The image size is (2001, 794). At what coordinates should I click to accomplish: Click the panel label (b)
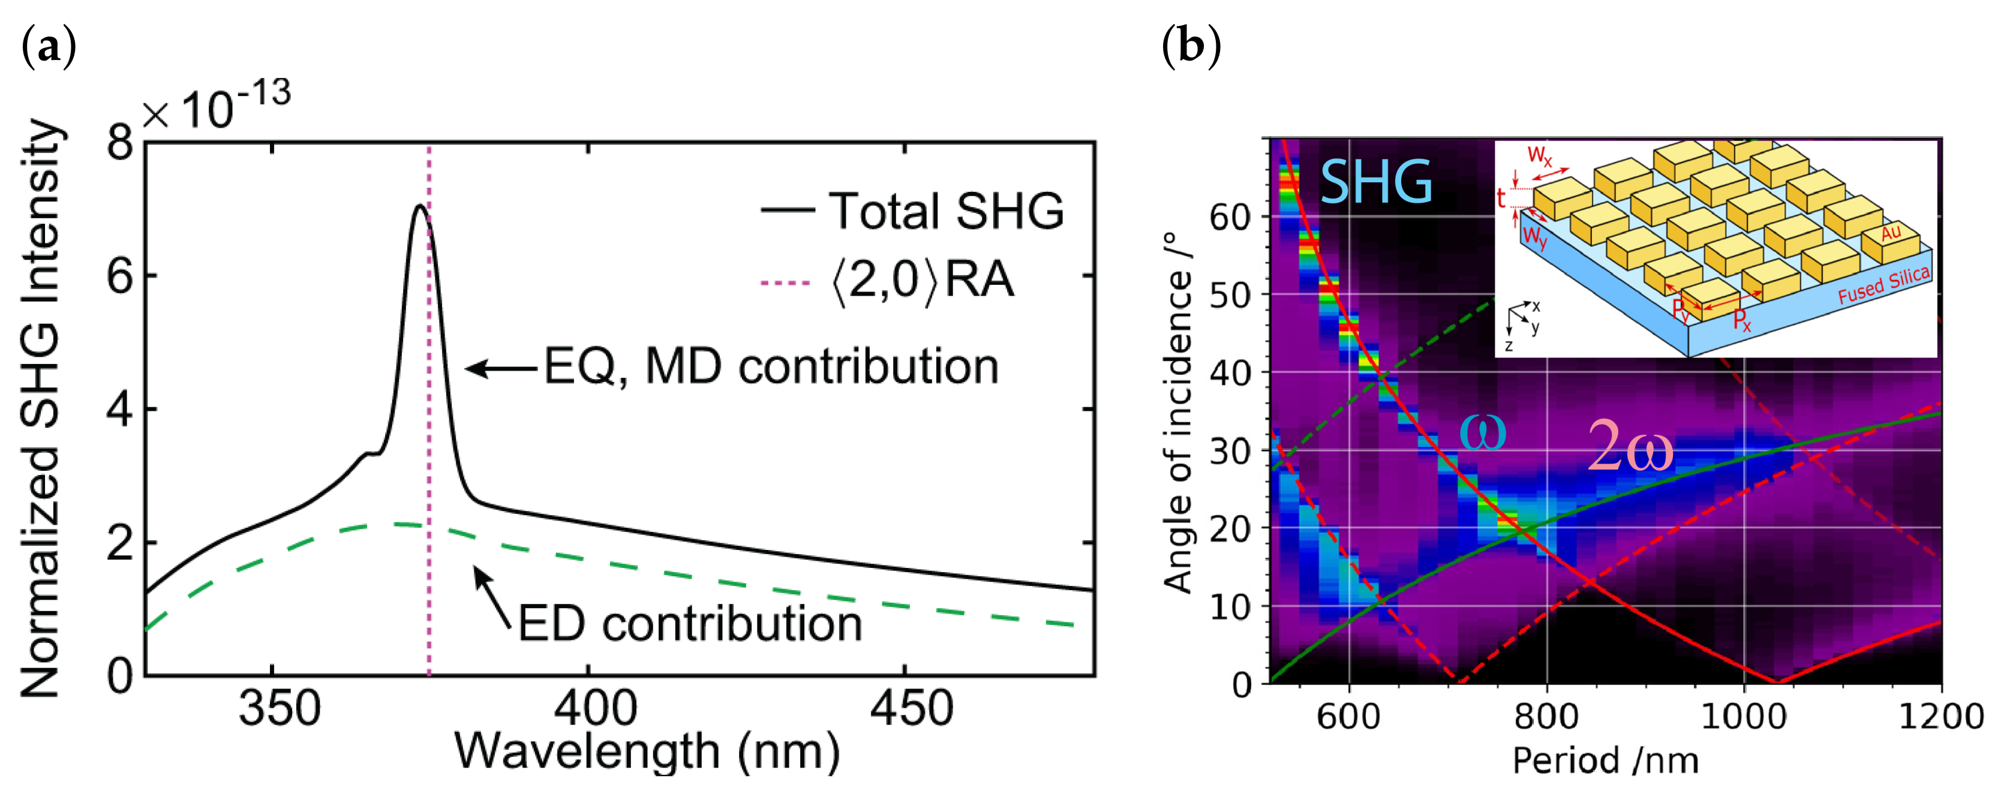[1191, 47]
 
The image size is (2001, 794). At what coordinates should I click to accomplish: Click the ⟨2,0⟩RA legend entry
[890, 281]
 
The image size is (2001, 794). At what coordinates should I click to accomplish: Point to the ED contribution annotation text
[690, 624]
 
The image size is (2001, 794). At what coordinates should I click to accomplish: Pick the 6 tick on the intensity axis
[121, 276]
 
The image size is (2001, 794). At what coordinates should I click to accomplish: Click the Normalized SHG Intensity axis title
[40, 408]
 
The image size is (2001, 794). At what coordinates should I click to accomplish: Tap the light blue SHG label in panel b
[1376, 182]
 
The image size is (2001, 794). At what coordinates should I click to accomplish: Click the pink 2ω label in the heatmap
[1630, 447]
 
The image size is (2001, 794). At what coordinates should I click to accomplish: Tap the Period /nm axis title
[1605, 760]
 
